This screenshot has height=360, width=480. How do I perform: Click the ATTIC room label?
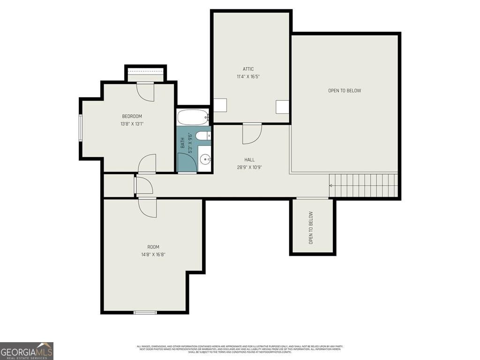click(x=248, y=69)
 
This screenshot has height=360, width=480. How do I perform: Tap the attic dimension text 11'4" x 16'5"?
click(x=248, y=76)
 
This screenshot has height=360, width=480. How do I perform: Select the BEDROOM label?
click(x=132, y=116)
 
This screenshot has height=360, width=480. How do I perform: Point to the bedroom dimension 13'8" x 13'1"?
click(x=132, y=124)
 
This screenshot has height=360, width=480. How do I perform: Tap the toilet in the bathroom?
click(x=203, y=136)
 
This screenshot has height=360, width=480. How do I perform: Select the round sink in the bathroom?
click(x=205, y=160)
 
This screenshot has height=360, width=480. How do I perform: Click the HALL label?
click(x=249, y=160)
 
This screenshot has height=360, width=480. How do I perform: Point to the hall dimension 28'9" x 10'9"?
click(x=249, y=167)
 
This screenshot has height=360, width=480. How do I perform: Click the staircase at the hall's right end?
click(x=363, y=186)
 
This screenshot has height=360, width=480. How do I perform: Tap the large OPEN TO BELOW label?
click(x=345, y=90)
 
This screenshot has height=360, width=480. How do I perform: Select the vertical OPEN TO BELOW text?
click(x=311, y=228)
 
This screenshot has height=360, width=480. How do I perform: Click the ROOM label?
click(x=153, y=247)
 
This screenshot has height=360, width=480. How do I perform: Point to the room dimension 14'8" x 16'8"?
click(x=153, y=255)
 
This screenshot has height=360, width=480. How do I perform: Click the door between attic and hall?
click(x=252, y=133)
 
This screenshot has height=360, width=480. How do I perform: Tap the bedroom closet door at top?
click(x=145, y=91)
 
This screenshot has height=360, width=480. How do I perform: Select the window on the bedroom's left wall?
click(x=81, y=127)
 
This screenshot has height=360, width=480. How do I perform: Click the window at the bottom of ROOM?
click(x=145, y=312)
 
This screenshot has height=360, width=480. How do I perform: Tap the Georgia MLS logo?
click(x=27, y=351)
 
